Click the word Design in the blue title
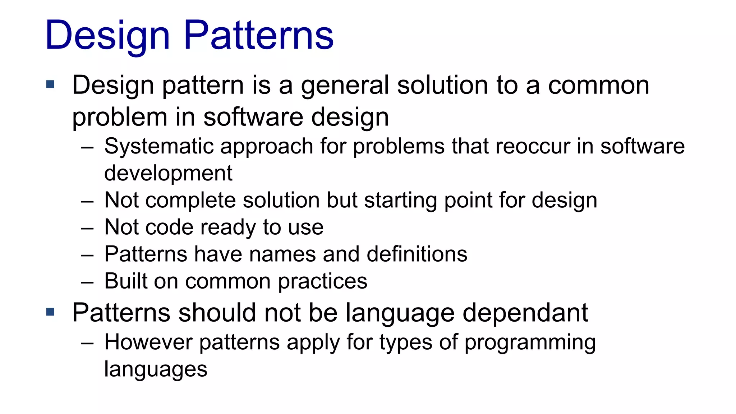pyautogui.click(x=107, y=35)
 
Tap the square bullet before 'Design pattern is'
pyautogui.click(x=50, y=85)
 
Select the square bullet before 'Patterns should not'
pyautogui.click(x=50, y=312)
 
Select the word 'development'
pyautogui.click(x=168, y=173)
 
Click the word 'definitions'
pyautogui.click(x=417, y=254)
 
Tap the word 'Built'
pyautogui.click(x=126, y=281)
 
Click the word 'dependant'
pyautogui.click(x=525, y=313)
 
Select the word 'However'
pyautogui.click(x=148, y=342)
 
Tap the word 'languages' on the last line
pyautogui.click(x=156, y=369)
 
